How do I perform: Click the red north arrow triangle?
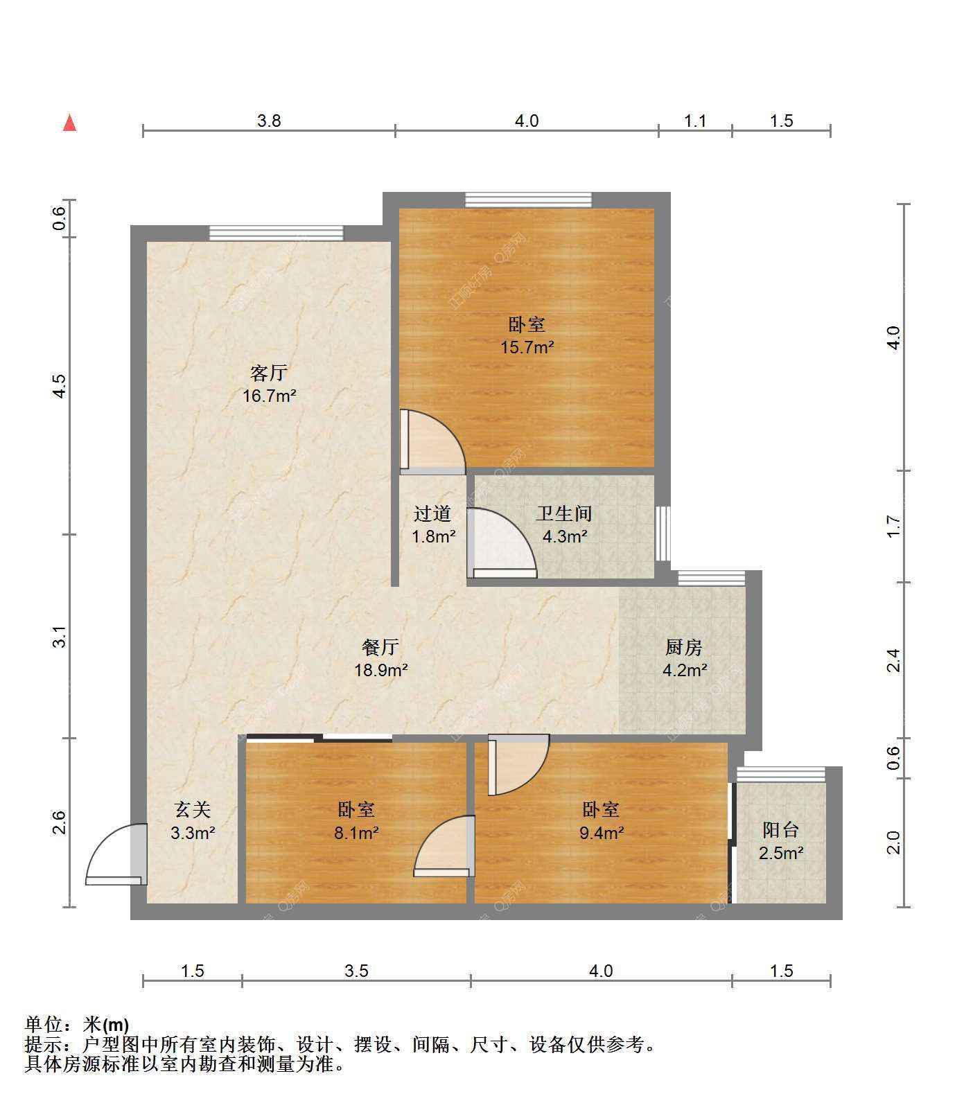pos(69,123)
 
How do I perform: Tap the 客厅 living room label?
pos(269,373)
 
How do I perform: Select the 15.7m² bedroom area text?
pos(527,347)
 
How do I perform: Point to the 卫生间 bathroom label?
pos(564,513)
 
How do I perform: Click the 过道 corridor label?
pos(432,513)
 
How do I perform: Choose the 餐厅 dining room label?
pos(380,647)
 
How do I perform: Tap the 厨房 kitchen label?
pos(684,647)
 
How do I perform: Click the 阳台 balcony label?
pos(781,829)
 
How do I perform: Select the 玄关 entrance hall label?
pos(192,809)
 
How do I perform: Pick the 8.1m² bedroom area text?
pos(356,833)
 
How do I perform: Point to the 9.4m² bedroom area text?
pos(602,833)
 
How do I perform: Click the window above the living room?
pos(277,233)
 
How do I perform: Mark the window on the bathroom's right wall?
pos(663,533)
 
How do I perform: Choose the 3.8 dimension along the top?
pos(269,121)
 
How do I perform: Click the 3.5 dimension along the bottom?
pos(356,971)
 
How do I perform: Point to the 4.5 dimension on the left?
pos(60,385)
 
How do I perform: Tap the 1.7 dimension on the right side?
pos(894,526)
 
